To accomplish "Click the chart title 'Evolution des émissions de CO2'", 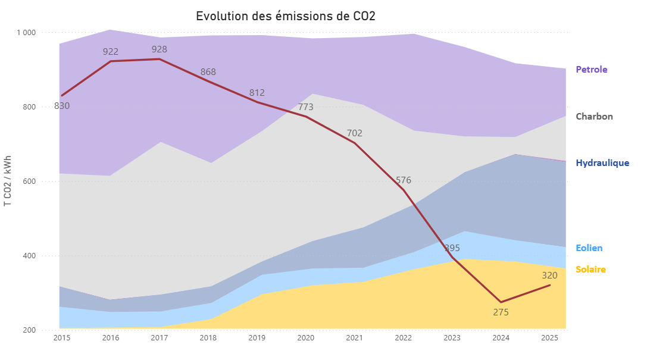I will (286, 16).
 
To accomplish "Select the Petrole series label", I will (592, 70).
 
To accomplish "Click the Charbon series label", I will (594, 117).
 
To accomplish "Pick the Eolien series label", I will (589, 248).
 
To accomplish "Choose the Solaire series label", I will (590, 270).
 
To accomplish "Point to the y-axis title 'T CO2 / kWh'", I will (8, 181).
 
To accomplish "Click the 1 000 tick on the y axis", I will (26, 33).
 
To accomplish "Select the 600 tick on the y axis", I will (29, 181).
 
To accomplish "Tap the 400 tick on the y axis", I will (29, 256).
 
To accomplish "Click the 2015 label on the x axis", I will (62, 338).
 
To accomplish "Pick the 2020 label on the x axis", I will (305, 338).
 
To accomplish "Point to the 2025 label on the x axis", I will (549, 338).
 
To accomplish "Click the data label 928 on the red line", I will (160, 49).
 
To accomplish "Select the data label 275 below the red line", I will (501, 312).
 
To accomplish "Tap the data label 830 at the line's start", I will (62, 106).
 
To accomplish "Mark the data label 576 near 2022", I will (404, 180).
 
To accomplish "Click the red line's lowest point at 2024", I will (501, 302).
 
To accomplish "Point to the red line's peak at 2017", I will (160, 59).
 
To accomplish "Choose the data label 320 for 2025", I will (549, 276).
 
